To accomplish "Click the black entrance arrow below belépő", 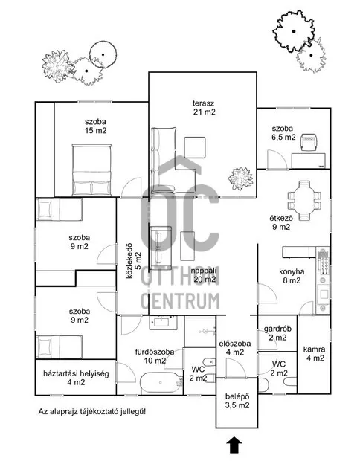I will [x=236, y=445].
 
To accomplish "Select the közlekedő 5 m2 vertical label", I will [x=132, y=259].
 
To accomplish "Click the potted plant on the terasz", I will [x=240, y=178].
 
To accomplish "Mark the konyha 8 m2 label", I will [x=290, y=276].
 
